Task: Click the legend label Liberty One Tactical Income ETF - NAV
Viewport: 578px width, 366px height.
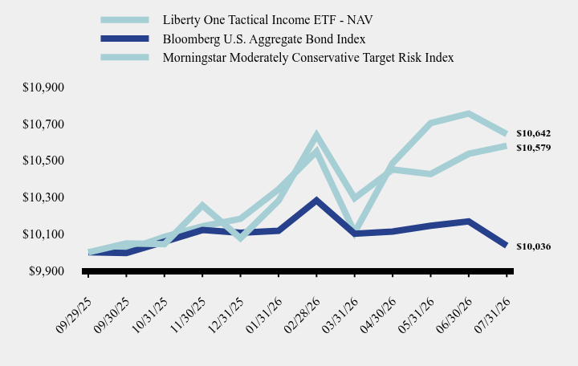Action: pyautogui.click(x=267, y=20)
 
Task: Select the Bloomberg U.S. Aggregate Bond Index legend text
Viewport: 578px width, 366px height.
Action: pyautogui.click(x=264, y=39)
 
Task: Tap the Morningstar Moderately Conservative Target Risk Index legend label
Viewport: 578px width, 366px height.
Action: pyautogui.click(x=308, y=58)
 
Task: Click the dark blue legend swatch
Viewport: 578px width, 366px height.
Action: pyautogui.click(x=124, y=39)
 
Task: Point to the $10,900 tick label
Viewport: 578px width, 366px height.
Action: pyautogui.click(x=43, y=87)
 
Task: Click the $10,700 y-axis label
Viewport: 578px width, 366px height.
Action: pyautogui.click(x=43, y=124)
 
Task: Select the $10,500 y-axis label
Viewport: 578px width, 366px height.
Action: pyautogui.click(x=43, y=161)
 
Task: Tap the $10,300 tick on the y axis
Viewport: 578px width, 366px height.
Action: pyautogui.click(x=43, y=197)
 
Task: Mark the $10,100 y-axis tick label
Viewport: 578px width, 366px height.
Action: pyautogui.click(x=43, y=234)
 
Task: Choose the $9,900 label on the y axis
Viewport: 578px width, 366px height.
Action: pyautogui.click(x=47, y=271)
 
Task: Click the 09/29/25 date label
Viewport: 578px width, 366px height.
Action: pyautogui.click(x=74, y=315)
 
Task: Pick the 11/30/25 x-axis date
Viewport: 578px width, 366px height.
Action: pyautogui.click(x=188, y=315)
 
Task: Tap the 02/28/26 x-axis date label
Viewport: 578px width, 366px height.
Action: pyautogui.click(x=303, y=315)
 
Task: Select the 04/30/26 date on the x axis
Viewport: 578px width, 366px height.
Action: pyautogui.click(x=378, y=315)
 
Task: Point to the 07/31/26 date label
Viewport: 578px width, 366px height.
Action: pyautogui.click(x=492, y=315)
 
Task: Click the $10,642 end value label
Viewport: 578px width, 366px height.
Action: pyautogui.click(x=533, y=133)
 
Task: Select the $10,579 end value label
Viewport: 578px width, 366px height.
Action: pyautogui.click(x=533, y=148)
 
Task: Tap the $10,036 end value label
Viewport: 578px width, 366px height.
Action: pyautogui.click(x=533, y=246)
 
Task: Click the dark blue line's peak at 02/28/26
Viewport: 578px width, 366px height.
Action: pyautogui.click(x=316, y=200)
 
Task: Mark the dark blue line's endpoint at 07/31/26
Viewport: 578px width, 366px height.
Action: pyautogui.click(x=507, y=246)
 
